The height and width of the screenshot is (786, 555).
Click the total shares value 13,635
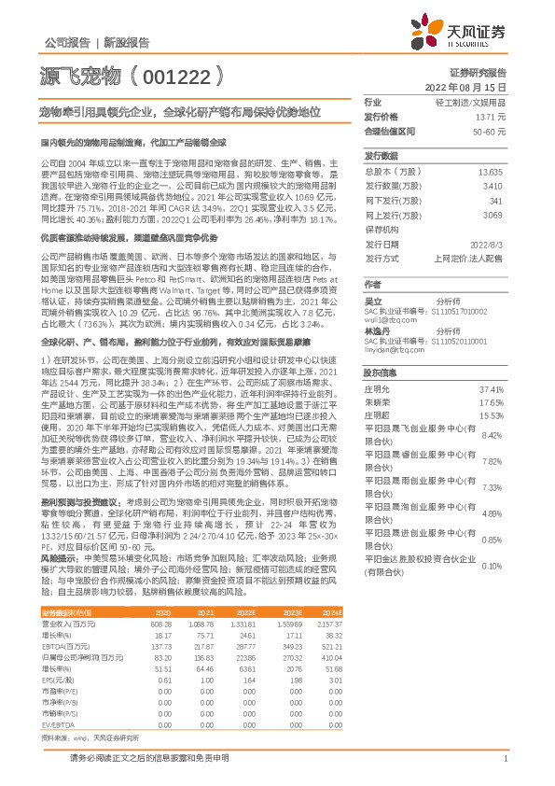[490, 173]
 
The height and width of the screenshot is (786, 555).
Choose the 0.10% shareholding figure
[492, 566]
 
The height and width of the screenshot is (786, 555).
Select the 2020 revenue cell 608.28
[160, 622]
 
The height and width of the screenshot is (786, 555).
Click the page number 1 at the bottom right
[504, 759]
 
